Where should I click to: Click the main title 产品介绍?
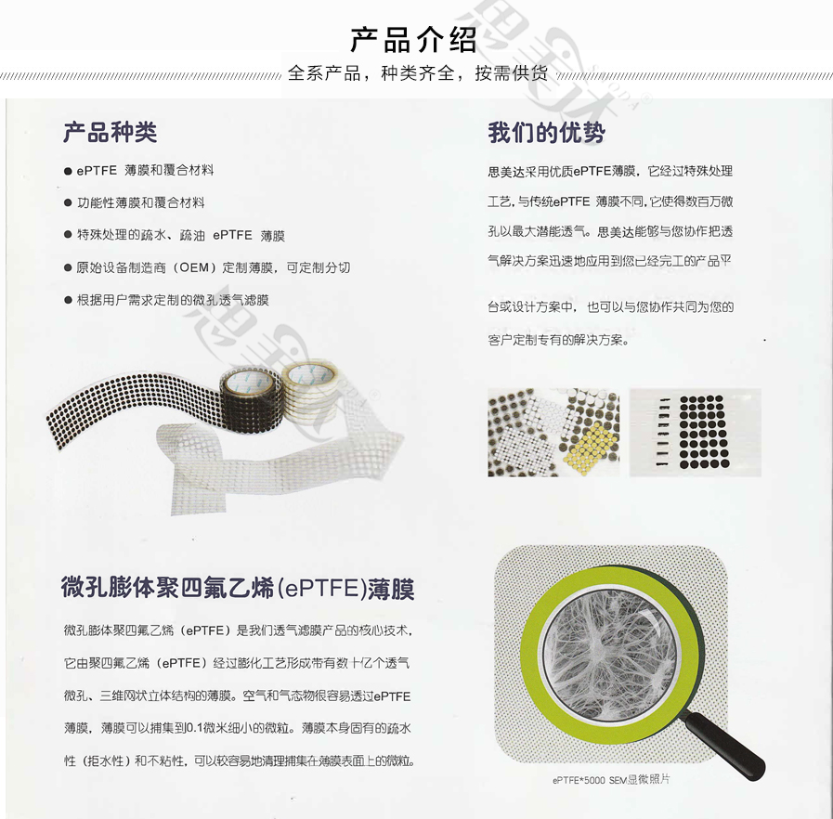[x=413, y=40]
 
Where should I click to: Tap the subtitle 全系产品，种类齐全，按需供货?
[x=418, y=73]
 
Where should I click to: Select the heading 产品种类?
[x=110, y=132]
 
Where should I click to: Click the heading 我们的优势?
[x=546, y=132]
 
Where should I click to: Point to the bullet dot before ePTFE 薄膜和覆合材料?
[x=68, y=171]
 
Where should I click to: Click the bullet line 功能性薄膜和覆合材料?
[x=141, y=202]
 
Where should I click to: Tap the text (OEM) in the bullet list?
[x=195, y=267]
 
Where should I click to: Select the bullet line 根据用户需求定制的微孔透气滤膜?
[x=173, y=300]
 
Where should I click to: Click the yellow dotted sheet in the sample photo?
[x=590, y=446]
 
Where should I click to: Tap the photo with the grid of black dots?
[x=696, y=433]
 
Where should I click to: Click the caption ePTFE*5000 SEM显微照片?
[x=611, y=780]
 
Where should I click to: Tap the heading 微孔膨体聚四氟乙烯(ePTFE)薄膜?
[x=238, y=589]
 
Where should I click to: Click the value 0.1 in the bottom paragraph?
[x=194, y=728]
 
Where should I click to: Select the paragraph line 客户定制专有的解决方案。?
[x=558, y=339]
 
